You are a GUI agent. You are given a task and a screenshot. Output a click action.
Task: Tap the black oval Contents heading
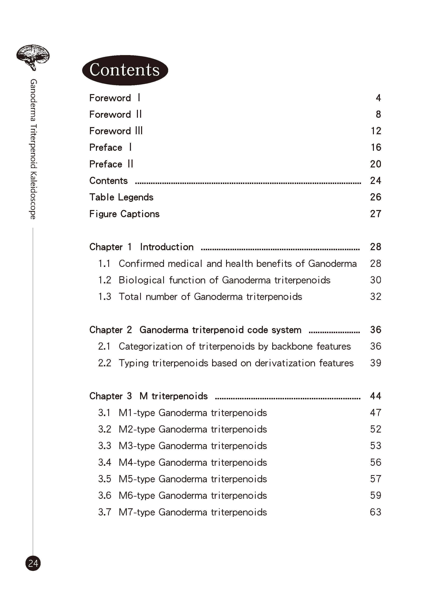coord(125,70)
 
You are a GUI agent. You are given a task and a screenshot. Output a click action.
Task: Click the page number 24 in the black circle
coord(33,563)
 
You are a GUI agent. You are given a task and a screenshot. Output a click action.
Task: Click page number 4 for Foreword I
coord(378,98)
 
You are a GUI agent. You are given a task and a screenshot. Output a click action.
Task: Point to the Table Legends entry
coord(121,197)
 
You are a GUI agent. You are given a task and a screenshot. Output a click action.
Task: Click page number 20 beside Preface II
coord(376,164)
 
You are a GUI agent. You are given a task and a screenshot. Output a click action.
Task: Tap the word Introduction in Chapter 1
coord(167,247)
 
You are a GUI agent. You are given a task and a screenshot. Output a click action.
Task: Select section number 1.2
coord(104,280)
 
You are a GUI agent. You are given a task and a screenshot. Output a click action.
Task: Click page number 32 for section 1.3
coord(376,297)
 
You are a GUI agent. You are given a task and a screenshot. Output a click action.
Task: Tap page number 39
coord(376,363)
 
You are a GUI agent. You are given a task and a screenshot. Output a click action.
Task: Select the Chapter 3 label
coord(110,396)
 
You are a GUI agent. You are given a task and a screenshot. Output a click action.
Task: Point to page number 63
coord(376,512)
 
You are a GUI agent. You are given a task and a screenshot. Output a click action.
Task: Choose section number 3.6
coord(104,495)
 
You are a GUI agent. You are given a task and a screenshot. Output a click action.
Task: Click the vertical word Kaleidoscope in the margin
coord(33,195)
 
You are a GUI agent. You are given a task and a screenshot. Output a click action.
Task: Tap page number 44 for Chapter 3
coord(376,396)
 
